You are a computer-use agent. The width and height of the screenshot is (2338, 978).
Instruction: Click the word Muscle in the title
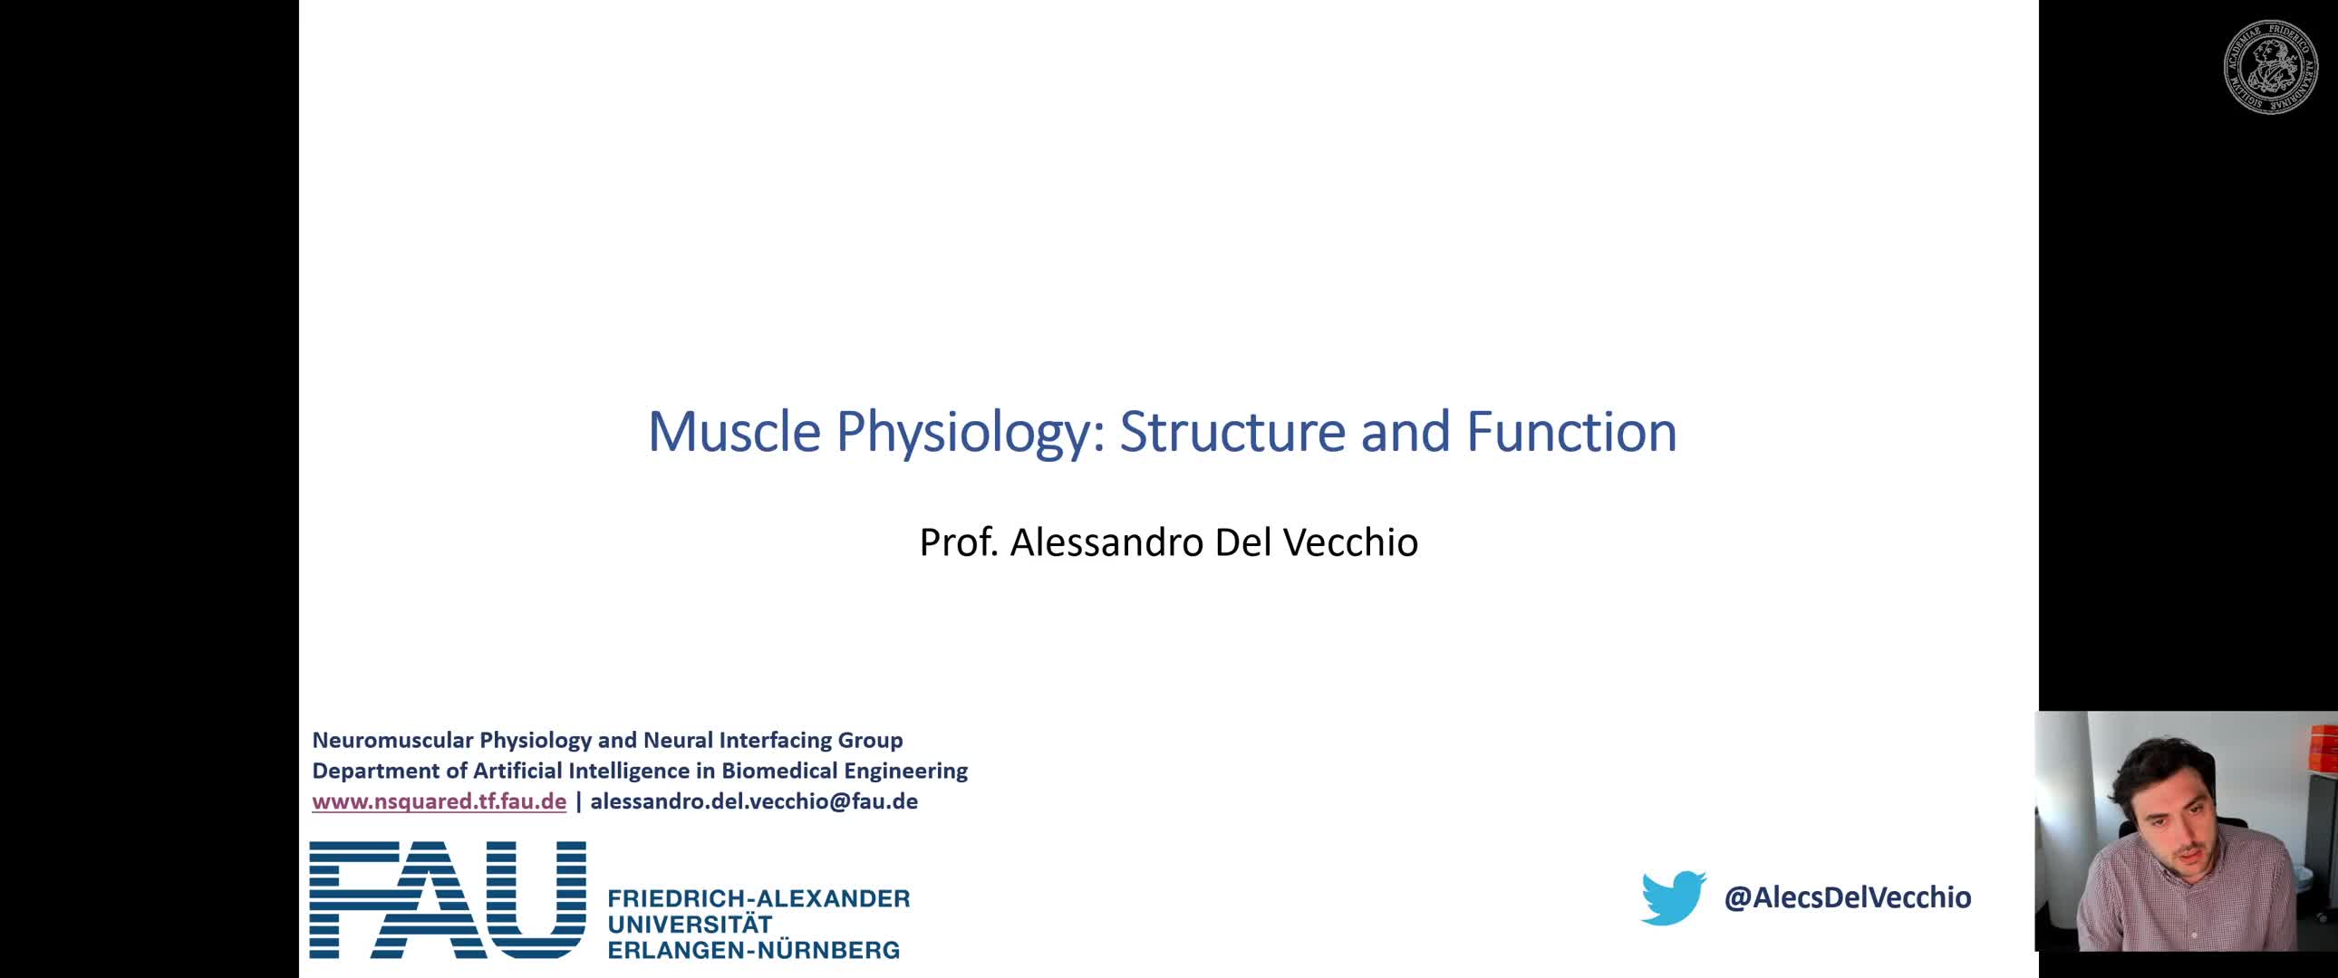tap(734, 431)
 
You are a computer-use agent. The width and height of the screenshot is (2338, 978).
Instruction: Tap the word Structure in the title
tap(1232, 431)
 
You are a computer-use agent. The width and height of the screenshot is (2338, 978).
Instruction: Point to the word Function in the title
tap(1571, 431)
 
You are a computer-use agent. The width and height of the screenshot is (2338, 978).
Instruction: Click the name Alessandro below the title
tap(1106, 542)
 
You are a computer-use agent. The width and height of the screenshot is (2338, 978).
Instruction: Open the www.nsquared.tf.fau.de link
tap(440, 801)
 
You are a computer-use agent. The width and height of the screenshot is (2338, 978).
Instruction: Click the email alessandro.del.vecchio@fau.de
tap(754, 801)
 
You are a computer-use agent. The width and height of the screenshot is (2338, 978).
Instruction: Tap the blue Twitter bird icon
tap(1673, 897)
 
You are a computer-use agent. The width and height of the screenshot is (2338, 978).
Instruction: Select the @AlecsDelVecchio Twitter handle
tap(1847, 897)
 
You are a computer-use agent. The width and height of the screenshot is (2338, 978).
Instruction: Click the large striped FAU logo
tap(448, 899)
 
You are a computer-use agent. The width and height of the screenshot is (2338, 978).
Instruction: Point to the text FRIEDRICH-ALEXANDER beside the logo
tap(758, 898)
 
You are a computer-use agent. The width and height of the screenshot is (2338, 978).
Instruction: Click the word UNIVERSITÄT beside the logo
tap(690, 924)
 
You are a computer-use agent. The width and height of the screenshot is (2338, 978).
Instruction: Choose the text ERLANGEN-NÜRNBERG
tap(753, 950)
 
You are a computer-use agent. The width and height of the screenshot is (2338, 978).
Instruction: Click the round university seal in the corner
tap(2271, 66)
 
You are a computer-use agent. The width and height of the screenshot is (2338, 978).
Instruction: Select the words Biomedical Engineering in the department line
tap(844, 772)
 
